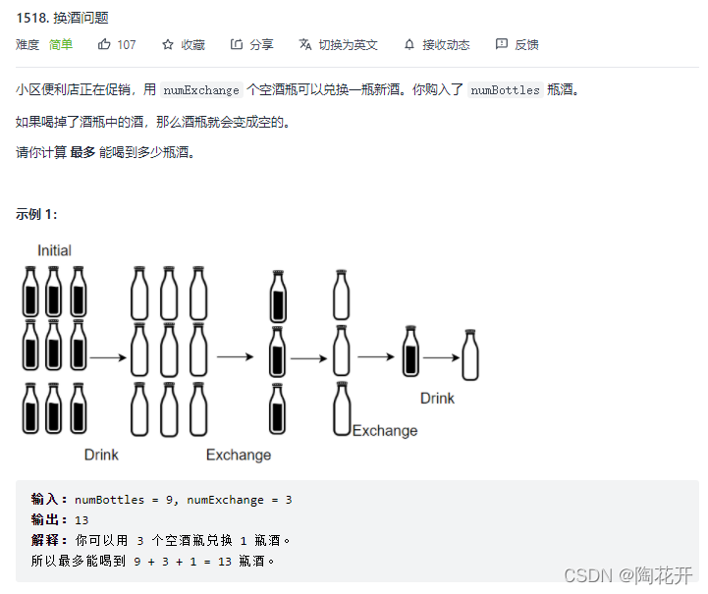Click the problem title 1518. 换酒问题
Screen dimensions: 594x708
[62, 17]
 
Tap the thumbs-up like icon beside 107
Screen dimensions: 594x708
[105, 44]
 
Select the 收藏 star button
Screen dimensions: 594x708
[168, 44]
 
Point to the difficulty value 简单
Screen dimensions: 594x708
[61, 44]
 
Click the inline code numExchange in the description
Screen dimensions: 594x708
[201, 90]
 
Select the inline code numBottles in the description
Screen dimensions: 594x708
[505, 90]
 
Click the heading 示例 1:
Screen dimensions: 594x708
[37, 214]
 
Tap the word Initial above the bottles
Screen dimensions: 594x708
[54, 250]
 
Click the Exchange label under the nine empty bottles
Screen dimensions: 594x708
[238, 455]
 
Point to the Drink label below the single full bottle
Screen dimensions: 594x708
[437, 399]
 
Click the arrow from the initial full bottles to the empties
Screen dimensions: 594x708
[108, 357]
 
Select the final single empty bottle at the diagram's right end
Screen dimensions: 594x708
[470, 354]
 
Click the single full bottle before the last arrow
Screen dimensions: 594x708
[410, 352]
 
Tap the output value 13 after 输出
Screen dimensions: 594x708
[82, 520]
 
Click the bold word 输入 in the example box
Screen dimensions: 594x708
[49, 500]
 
